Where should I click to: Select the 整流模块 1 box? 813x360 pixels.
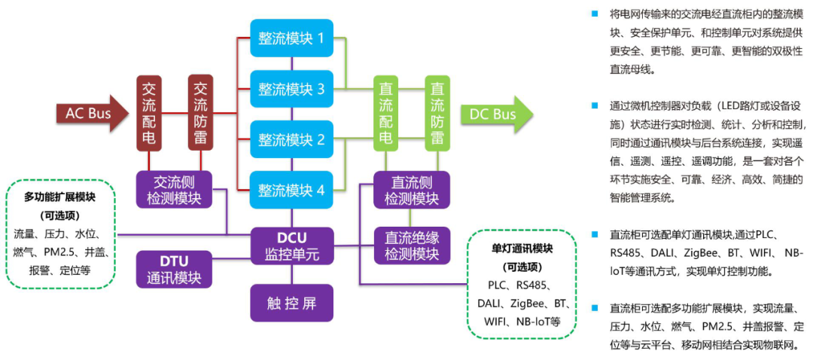tap(291, 39)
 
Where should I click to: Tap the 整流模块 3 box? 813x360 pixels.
tap(291, 90)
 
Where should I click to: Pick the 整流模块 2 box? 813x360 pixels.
tap(291, 139)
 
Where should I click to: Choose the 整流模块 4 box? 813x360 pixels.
tap(291, 190)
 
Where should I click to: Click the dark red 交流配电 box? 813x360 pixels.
tap(149, 113)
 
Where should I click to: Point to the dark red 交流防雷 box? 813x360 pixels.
tap(199, 113)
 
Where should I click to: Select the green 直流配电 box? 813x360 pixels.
tap(385, 113)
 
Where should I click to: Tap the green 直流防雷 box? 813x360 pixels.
tap(437, 113)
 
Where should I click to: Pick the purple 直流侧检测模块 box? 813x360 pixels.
tap(411, 190)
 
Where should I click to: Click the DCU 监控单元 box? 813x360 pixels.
tap(291, 246)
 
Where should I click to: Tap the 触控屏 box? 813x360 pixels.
tap(291, 304)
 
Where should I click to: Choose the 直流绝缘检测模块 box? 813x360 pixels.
tap(411, 246)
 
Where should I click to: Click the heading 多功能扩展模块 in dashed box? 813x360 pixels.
tap(60, 197)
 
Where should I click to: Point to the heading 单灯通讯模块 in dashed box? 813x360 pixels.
tap(522, 248)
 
